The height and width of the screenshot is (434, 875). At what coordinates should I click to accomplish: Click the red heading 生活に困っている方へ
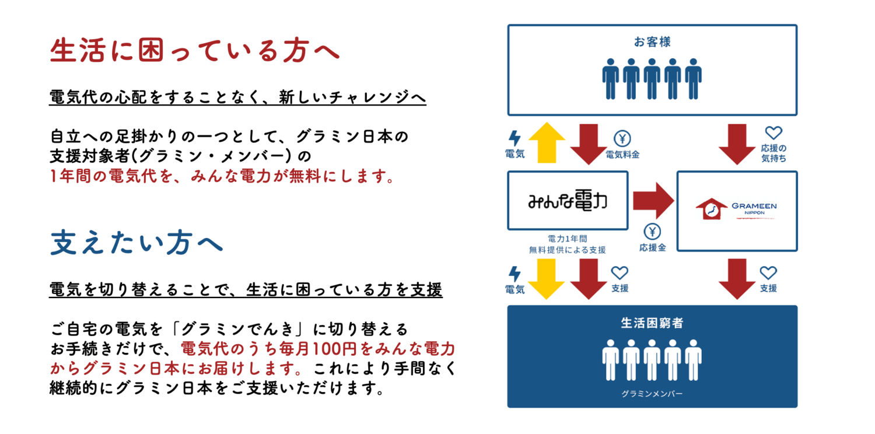point(195,51)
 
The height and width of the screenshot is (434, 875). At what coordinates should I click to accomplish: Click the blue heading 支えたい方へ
point(137,243)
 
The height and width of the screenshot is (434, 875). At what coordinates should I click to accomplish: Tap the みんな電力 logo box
point(567,200)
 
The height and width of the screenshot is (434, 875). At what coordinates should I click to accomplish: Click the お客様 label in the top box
point(652,42)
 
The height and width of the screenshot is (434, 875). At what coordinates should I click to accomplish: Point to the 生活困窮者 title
point(652,323)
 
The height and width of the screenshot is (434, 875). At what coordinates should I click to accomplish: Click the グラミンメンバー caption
point(652,394)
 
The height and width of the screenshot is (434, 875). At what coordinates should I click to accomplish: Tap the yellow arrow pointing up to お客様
point(546,143)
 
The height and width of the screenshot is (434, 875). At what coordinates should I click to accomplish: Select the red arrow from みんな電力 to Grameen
point(653,200)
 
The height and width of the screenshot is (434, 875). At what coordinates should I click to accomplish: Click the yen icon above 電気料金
point(622,139)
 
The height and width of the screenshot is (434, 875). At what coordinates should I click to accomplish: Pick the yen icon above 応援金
point(652,231)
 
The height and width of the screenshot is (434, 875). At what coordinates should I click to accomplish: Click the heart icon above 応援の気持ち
point(773,134)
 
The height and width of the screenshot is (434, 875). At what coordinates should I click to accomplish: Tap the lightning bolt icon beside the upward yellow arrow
point(514,138)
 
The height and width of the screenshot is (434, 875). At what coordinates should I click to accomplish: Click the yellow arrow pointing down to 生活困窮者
point(546,278)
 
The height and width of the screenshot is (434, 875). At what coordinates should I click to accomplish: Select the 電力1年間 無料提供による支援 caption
point(567,244)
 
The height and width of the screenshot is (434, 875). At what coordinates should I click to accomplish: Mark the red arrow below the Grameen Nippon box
point(737,278)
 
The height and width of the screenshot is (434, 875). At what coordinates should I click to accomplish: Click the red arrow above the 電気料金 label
point(589,143)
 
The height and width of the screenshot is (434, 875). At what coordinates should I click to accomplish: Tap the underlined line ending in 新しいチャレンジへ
point(237,98)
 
